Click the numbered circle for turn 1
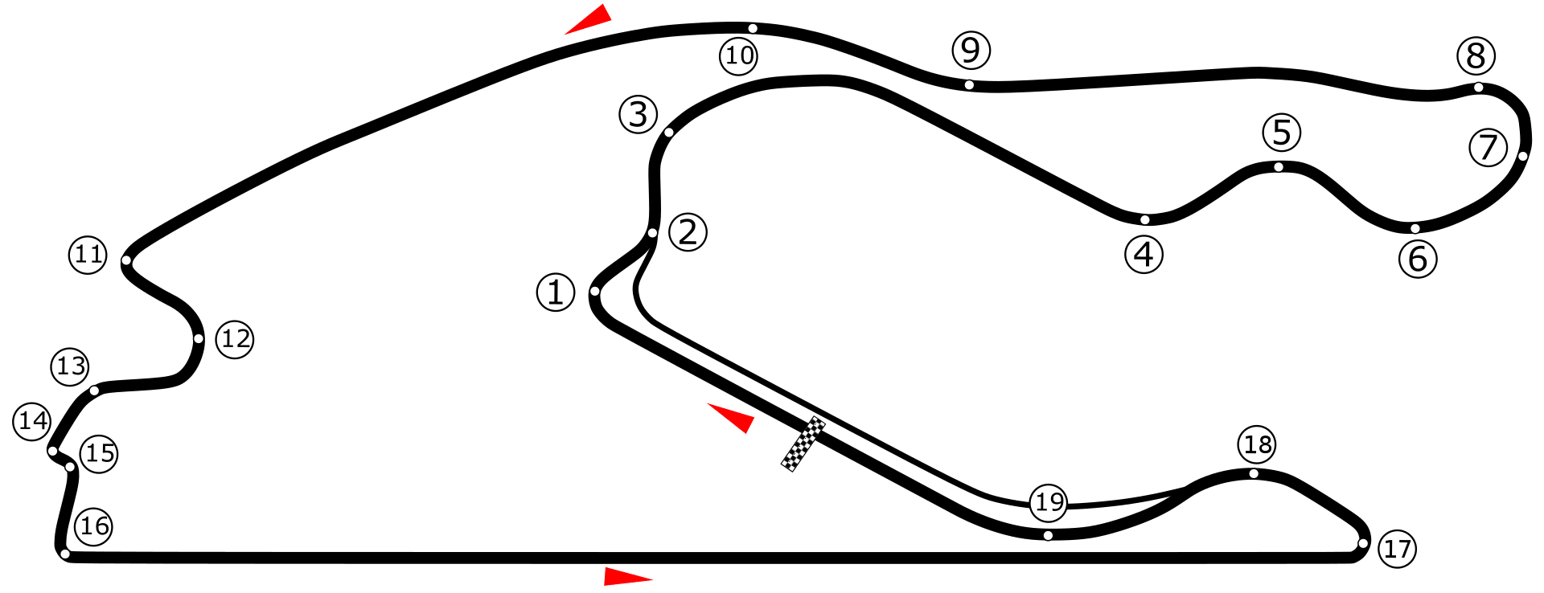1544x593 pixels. coord(556,292)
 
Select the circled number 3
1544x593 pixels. coord(639,114)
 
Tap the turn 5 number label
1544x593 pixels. coord(1282,132)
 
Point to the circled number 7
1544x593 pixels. coord(1488,148)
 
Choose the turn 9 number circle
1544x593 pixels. coord(971,51)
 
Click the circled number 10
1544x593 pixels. coord(738,55)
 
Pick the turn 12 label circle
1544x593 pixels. coord(235,339)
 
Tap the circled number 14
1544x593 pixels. coord(33,421)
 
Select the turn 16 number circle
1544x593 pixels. coord(94,526)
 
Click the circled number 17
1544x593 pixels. coord(1397,549)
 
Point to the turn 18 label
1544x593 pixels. coord(1257,444)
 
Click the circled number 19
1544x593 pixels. coord(1049,503)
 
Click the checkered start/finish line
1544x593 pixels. coord(803,444)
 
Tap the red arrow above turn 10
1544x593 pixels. coord(590,19)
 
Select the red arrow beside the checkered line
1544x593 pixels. coord(733,418)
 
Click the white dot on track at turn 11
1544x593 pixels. coord(126,260)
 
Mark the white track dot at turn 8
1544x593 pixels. coord(1478,88)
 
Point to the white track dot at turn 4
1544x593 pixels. coord(1145,219)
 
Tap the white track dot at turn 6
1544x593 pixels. coord(1415,228)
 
